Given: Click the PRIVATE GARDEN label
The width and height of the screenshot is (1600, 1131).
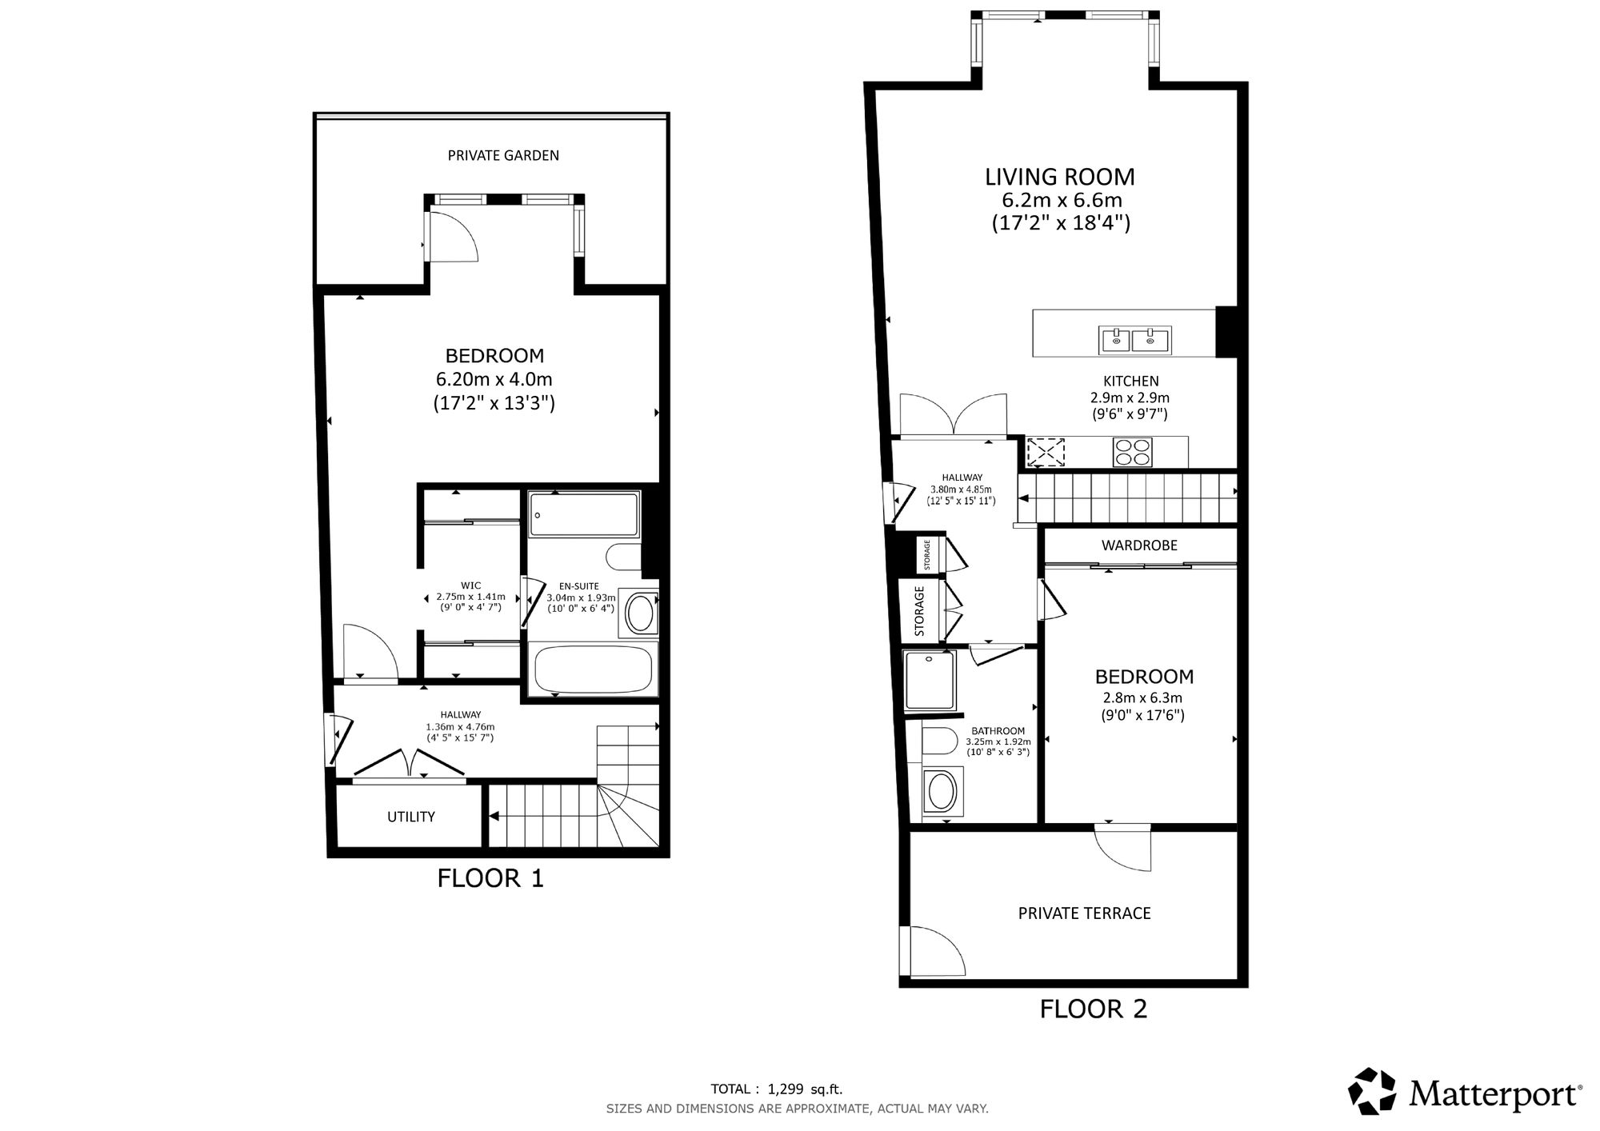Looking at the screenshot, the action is point(503,155).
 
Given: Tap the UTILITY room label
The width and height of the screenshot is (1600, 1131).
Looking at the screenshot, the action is point(411,817).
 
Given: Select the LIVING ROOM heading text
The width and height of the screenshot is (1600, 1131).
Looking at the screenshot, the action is point(1060,177).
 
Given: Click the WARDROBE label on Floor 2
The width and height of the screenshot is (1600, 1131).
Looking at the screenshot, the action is point(1139,546).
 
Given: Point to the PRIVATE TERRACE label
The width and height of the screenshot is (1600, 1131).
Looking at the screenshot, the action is point(1084,913).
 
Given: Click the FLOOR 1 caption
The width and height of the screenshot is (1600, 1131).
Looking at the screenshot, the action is point(490,878).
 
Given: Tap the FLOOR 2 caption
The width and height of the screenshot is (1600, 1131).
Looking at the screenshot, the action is point(1094,1009).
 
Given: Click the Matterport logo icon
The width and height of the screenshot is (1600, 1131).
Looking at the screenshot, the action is point(1373,1091).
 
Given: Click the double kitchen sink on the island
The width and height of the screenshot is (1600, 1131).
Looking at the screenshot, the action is point(1135,340).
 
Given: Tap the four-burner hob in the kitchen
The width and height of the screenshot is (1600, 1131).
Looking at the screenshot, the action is point(1133,452).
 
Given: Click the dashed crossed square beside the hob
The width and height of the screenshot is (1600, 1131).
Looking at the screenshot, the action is point(1046,452).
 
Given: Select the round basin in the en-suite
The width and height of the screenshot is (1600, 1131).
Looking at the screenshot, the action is point(640,614).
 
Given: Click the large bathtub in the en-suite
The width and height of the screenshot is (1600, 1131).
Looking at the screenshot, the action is point(593,669).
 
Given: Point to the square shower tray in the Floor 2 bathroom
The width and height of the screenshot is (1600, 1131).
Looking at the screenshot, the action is point(930,681).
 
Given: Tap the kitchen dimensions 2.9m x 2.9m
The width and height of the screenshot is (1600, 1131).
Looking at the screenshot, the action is point(1130,398).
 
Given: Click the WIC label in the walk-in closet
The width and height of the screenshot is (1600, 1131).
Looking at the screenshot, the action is point(471,585).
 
